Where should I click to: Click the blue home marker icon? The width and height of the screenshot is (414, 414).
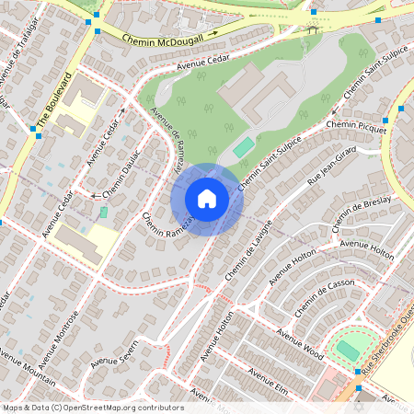click(x=207, y=199)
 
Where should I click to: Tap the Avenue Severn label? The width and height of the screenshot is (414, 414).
click(x=114, y=351)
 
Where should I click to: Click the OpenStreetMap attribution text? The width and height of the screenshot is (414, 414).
click(x=92, y=408)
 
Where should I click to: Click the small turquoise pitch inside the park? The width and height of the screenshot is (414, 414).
click(x=243, y=147)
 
